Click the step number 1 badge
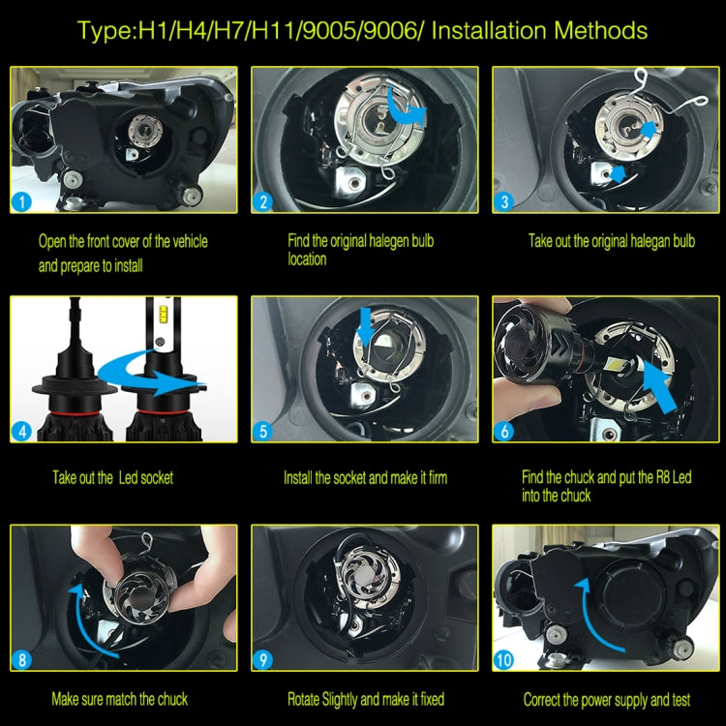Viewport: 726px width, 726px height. coord(21,202)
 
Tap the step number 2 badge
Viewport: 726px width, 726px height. coord(263,202)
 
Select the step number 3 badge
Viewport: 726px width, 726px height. coord(504,202)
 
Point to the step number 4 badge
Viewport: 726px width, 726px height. coord(21,432)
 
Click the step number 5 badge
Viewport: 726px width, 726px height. coord(263,431)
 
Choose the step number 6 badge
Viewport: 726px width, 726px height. coord(504,431)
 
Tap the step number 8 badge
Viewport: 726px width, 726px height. coord(21,660)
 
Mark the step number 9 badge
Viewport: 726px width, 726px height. coord(263,660)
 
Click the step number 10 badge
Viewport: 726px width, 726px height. coord(503,660)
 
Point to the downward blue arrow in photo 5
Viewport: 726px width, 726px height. coord(366,326)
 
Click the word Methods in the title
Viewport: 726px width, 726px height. coord(600,31)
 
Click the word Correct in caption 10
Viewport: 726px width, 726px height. coord(541,699)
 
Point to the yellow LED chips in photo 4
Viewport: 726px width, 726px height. coord(162,314)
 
